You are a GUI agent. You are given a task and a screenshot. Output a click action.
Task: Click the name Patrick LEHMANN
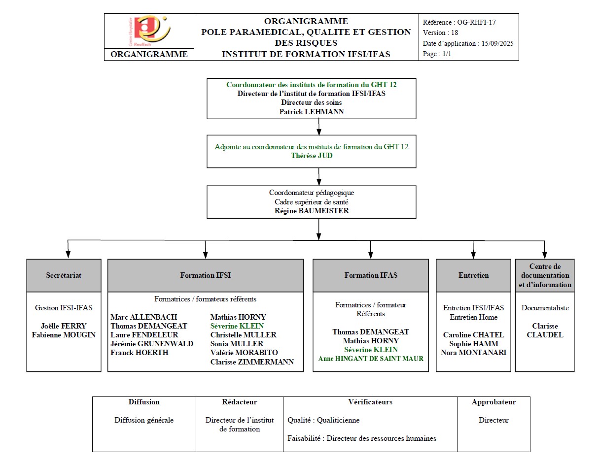click(311, 112)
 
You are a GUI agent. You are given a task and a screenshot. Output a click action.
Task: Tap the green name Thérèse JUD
click(312, 156)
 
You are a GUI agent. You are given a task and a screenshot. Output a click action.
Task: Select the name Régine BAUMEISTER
click(311, 210)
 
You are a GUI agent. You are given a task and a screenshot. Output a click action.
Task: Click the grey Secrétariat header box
click(64, 275)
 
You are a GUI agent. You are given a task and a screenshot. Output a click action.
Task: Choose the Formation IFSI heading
click(205, 275)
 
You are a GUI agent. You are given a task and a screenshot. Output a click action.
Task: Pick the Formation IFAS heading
click(370, 275)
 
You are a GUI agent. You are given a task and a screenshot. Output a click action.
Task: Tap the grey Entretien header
click(473, 275)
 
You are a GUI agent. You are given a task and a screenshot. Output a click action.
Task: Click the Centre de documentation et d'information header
click(544, 275)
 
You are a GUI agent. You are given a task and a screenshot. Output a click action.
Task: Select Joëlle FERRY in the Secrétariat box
click(64, 326)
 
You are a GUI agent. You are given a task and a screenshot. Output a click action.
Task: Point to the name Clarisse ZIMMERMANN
click(252, 362)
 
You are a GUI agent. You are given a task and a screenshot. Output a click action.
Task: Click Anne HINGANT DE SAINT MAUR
click(370, 359)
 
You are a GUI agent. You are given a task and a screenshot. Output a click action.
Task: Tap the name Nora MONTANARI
click(473, 353)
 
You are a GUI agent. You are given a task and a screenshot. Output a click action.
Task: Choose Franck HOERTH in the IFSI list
click(140, 353)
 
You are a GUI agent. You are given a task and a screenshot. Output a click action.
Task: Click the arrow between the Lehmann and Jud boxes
click(319, 127)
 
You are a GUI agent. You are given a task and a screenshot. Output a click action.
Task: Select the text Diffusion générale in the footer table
click(144, 420)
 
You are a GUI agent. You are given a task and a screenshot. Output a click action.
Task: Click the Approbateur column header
click(493, 402)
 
